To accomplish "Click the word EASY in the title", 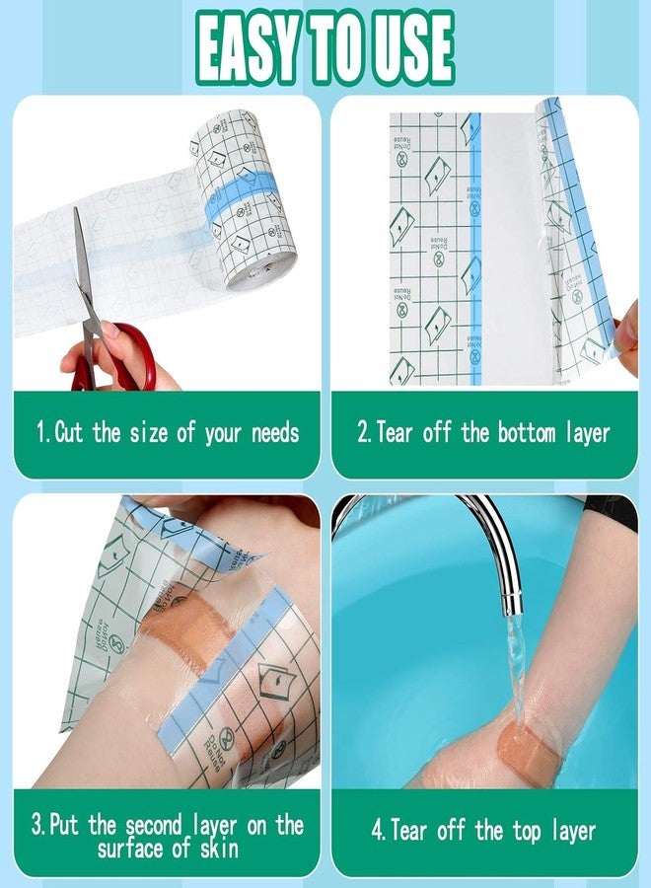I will tap(260, 48).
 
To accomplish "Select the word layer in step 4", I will tap(572, 830).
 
